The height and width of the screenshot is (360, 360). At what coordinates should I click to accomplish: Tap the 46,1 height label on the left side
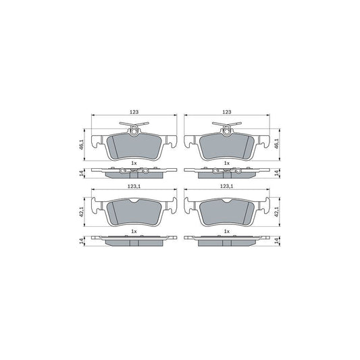(80, 143)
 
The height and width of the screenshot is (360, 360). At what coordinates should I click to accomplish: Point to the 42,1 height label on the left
(80, 211)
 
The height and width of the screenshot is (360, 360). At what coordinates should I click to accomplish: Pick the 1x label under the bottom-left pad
(133, 232)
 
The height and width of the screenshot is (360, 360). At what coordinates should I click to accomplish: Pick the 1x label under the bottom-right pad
(227, 232)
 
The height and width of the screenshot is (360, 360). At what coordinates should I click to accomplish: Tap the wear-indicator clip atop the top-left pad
(133, 126)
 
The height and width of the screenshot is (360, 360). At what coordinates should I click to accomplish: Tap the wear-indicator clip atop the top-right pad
(227, 126)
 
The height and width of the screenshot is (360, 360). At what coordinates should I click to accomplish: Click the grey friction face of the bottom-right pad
(227, 213)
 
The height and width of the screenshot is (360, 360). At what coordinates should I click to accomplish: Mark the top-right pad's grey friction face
(227, 145)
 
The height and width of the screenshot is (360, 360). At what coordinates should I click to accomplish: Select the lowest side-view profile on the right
(227, 241)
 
